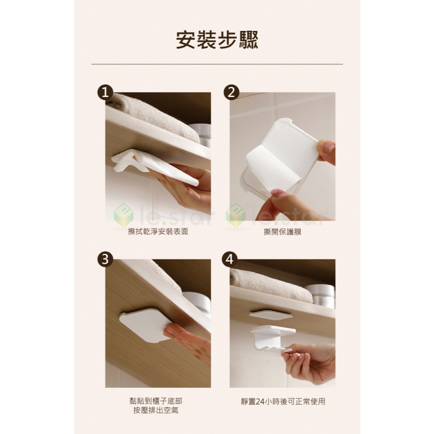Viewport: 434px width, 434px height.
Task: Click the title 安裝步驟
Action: tap(217, 40)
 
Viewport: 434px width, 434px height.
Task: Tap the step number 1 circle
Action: tap(105, 92)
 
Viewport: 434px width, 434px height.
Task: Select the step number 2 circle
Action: tap(231, 92)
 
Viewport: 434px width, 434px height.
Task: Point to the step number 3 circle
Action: tap(105, 259)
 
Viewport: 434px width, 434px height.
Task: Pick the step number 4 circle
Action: tap(229, 259)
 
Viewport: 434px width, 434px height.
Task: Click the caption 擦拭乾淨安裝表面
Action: tap(158, 231)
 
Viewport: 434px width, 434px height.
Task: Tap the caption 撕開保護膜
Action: tap(282, 232)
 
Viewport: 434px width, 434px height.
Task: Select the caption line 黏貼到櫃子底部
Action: tap(156, 401)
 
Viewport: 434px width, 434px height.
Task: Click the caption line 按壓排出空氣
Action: tap(156, 410)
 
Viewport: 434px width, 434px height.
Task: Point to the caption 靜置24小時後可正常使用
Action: tap(283, 401)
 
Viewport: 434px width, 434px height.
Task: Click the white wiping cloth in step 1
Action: tap(154, 165)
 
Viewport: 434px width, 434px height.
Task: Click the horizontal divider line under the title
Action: tap(217, 64)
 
